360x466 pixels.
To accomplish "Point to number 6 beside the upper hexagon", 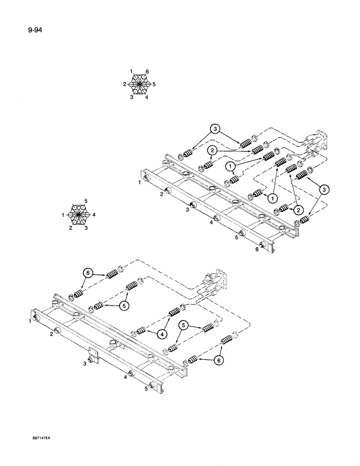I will [147, 71].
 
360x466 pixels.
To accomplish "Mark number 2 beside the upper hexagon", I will [125, 84].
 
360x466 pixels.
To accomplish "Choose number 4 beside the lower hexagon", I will [95, 215].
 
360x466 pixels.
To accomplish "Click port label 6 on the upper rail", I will [256, 249].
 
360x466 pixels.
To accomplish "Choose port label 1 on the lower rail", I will [29, 321].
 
